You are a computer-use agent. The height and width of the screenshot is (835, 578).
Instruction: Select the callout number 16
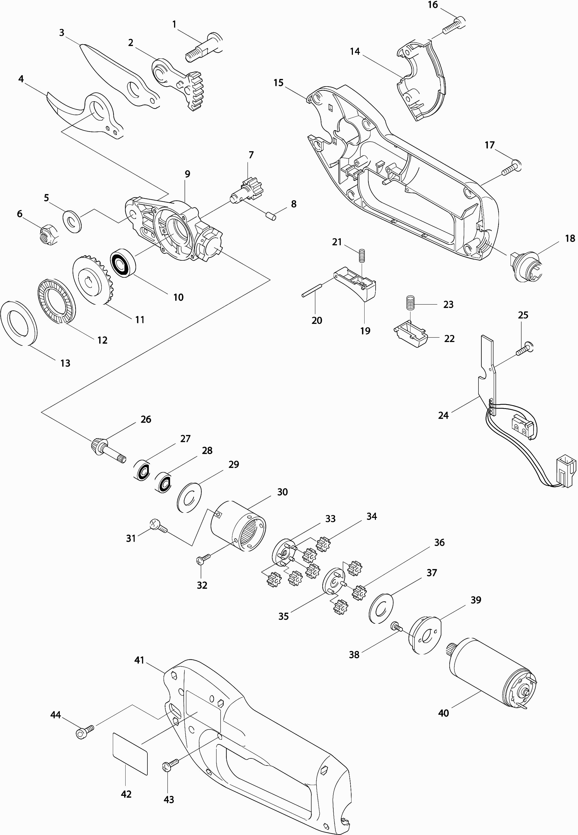(x=433, y=5)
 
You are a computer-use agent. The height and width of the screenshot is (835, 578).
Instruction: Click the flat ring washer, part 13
(x=18, y=321)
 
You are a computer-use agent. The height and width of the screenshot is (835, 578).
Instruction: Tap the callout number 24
(x=443, y=416)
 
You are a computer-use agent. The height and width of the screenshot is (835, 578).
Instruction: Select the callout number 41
(x=139, y=660)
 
